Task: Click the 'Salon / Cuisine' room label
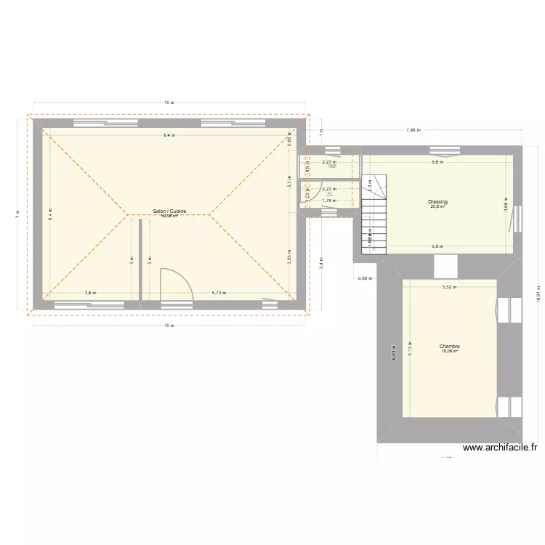click(169, 211)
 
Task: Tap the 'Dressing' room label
click(437, 201)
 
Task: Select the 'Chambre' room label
click(449, 346)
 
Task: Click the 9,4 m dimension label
click(169, 136)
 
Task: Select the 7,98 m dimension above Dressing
click(413, 130)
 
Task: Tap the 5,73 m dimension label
click(219, 293)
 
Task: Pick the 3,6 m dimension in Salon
click(89, 293)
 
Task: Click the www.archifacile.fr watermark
click(500, 449)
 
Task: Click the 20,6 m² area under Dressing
click(437, 206)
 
